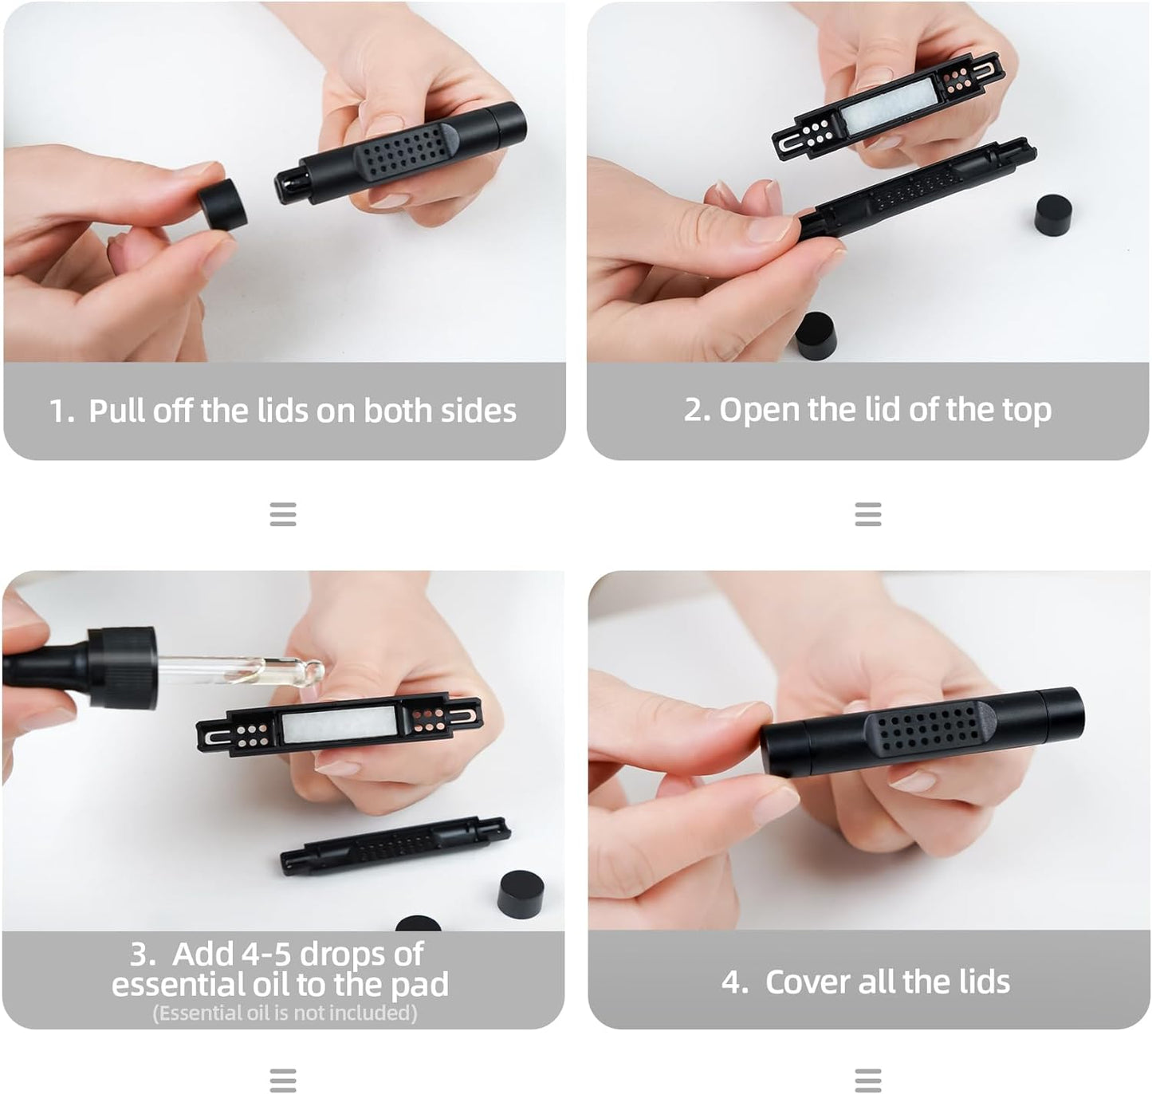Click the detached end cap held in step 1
(x=222, y=203)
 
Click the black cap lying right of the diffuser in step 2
(x=1054, y=214)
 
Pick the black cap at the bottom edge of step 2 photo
(x=816, y=336)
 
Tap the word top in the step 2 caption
(x=1027, y=411)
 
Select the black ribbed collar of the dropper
(x=122, y=667)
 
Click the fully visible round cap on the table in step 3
(x=521, y=894)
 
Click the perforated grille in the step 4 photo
(x=930, y=736)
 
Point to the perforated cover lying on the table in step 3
(x=395, y=846)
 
